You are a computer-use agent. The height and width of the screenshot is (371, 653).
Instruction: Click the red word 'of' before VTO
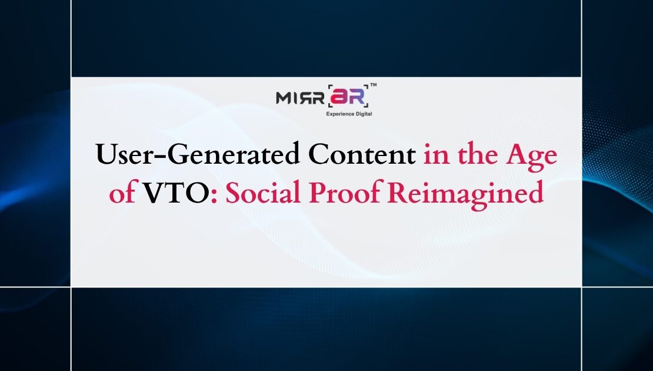click(121, 194)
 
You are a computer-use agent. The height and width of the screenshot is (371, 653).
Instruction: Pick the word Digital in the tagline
click(364, 114)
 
